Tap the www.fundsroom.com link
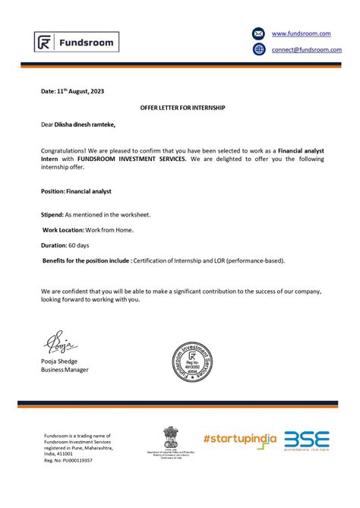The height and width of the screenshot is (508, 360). [x=301, y=34]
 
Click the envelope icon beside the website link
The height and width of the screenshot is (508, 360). [x=259, y=34]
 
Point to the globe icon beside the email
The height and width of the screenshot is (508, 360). [x=259, y=49]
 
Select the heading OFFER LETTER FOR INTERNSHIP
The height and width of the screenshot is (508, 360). [x=183, y=108]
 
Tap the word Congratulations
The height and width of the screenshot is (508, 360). [x=65, y=152]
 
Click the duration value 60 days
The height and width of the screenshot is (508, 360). [x=78, y=245]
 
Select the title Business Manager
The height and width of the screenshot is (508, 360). [x=65, y=370]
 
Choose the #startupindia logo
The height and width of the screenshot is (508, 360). [x=238, y=440]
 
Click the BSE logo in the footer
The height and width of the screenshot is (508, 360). [x=307, y=440]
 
